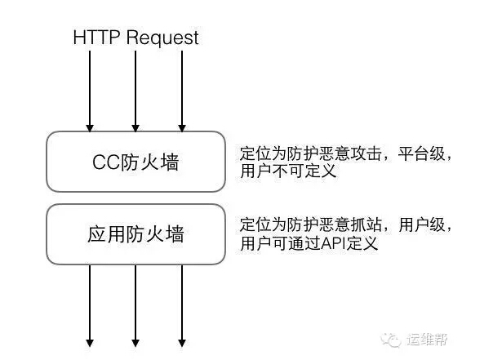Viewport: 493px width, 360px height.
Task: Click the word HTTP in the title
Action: (x=97, y=38)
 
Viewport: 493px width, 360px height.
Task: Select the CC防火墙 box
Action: (x=135, y=162)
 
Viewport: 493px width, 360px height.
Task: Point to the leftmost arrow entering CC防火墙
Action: (x=90, y=90)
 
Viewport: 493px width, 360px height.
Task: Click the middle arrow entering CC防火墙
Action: (x=135, y=90)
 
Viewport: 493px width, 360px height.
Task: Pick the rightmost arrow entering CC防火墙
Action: (x=182, y=90)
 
